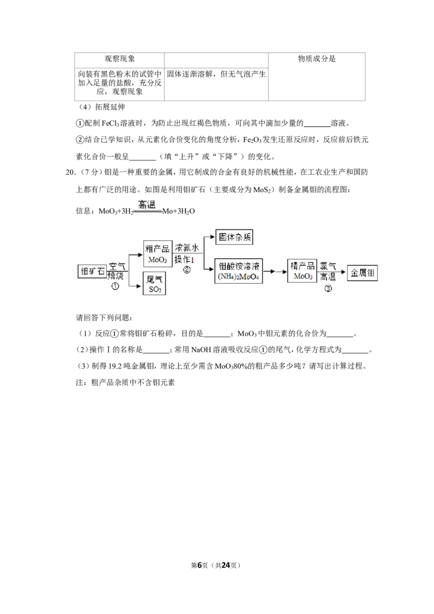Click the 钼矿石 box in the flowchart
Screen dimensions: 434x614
point(92,272)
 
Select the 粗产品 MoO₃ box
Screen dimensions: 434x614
point(158,254)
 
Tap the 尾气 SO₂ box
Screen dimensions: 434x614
point(154,284)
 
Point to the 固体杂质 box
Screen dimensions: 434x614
point(234,237)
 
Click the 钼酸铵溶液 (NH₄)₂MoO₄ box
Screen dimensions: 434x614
point(239,271)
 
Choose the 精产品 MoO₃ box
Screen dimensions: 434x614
point(302,271)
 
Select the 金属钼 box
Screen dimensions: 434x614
point(362,273)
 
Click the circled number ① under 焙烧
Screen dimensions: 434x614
point(115,286)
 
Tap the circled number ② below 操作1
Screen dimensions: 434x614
point(187,270)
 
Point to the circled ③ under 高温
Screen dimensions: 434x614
point(328,288)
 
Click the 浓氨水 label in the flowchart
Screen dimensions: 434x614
point(187,248)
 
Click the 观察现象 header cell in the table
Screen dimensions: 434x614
point(119,59)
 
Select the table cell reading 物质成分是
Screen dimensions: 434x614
point(317,59)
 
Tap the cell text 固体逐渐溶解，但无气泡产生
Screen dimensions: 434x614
point(216,74)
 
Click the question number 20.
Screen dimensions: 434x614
point(70,172)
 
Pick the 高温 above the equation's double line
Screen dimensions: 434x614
point(147,204)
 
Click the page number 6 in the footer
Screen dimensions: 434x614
point(200,565)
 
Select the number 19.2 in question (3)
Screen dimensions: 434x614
point(115,366)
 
